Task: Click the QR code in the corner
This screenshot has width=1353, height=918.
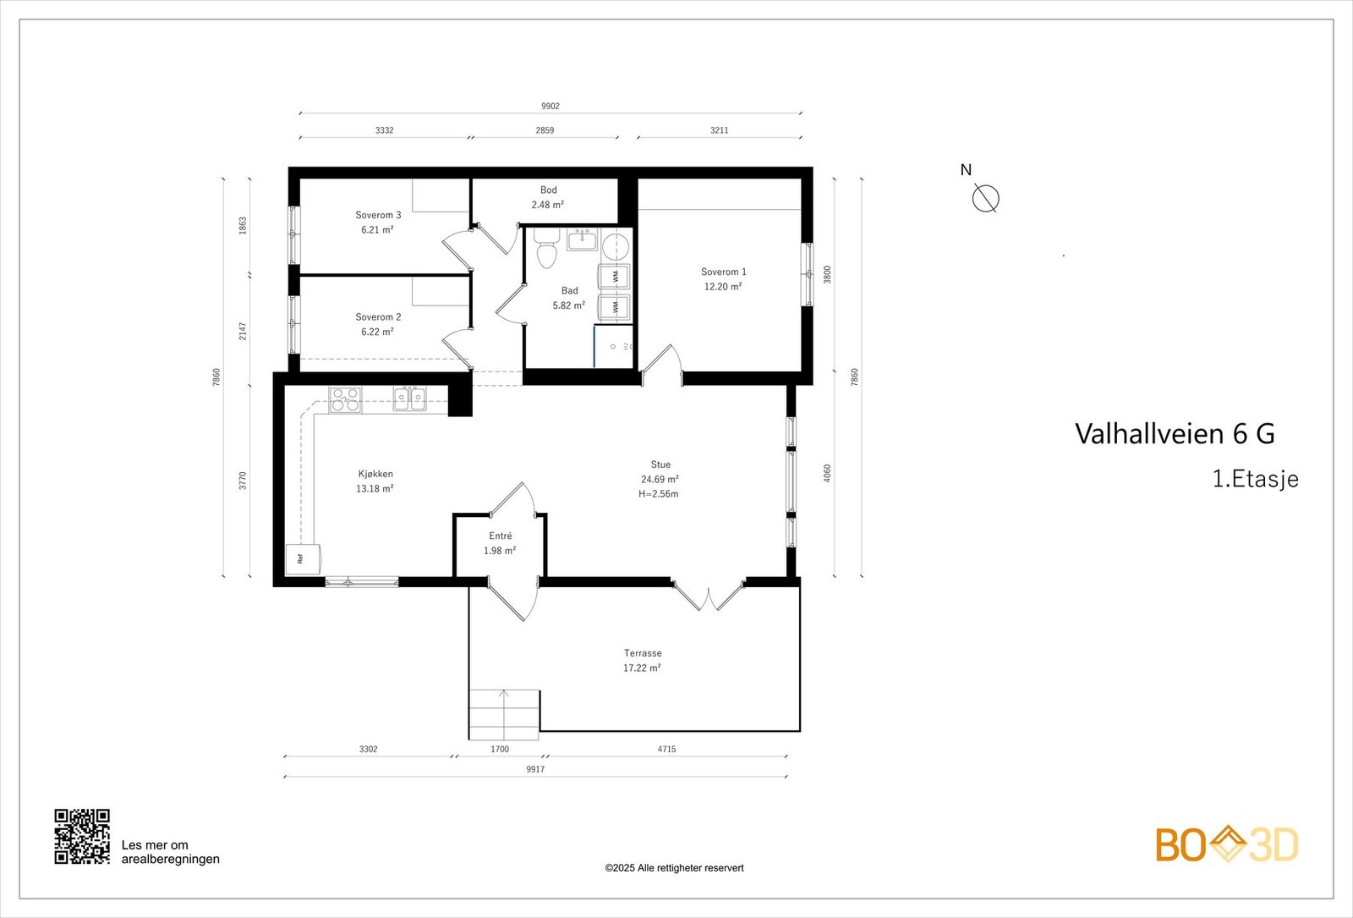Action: [x=82, y=836]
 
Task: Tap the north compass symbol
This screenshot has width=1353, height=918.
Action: [x=985, y=198]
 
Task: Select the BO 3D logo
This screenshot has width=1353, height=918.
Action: [x=1227, y=845]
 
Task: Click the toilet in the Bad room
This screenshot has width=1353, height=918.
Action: [x=546, y=248]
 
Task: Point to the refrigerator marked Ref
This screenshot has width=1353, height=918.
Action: [x=303, y=559]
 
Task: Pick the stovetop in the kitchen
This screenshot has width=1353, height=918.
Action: [x=346, y=400]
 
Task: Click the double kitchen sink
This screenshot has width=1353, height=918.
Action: [x=409, y=399]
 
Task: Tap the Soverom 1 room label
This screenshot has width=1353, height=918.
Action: [x=723, y=272]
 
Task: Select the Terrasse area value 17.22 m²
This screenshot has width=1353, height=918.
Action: [x=642, y=668]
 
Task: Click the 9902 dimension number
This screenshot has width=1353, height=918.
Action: [x=551, y=107]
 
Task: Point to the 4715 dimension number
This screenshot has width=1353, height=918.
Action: [x=666, y=749]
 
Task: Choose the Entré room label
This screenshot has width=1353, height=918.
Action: [x=500, y=536]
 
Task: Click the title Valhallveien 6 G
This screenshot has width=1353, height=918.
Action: [x=1175, y=433]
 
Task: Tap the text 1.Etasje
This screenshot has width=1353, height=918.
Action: [x=1255, y=479]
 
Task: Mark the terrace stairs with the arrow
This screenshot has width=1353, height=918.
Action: [x=504, y=714]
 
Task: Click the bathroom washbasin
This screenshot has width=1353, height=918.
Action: [x=582, y=239]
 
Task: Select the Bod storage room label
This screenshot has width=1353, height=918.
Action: [x=549, y=190]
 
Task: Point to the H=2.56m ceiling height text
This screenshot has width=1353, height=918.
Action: [x=659, y=494]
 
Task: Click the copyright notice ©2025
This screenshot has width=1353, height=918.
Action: [x=674, y=868]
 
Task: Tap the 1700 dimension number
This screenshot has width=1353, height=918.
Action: [x=500, y=749]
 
